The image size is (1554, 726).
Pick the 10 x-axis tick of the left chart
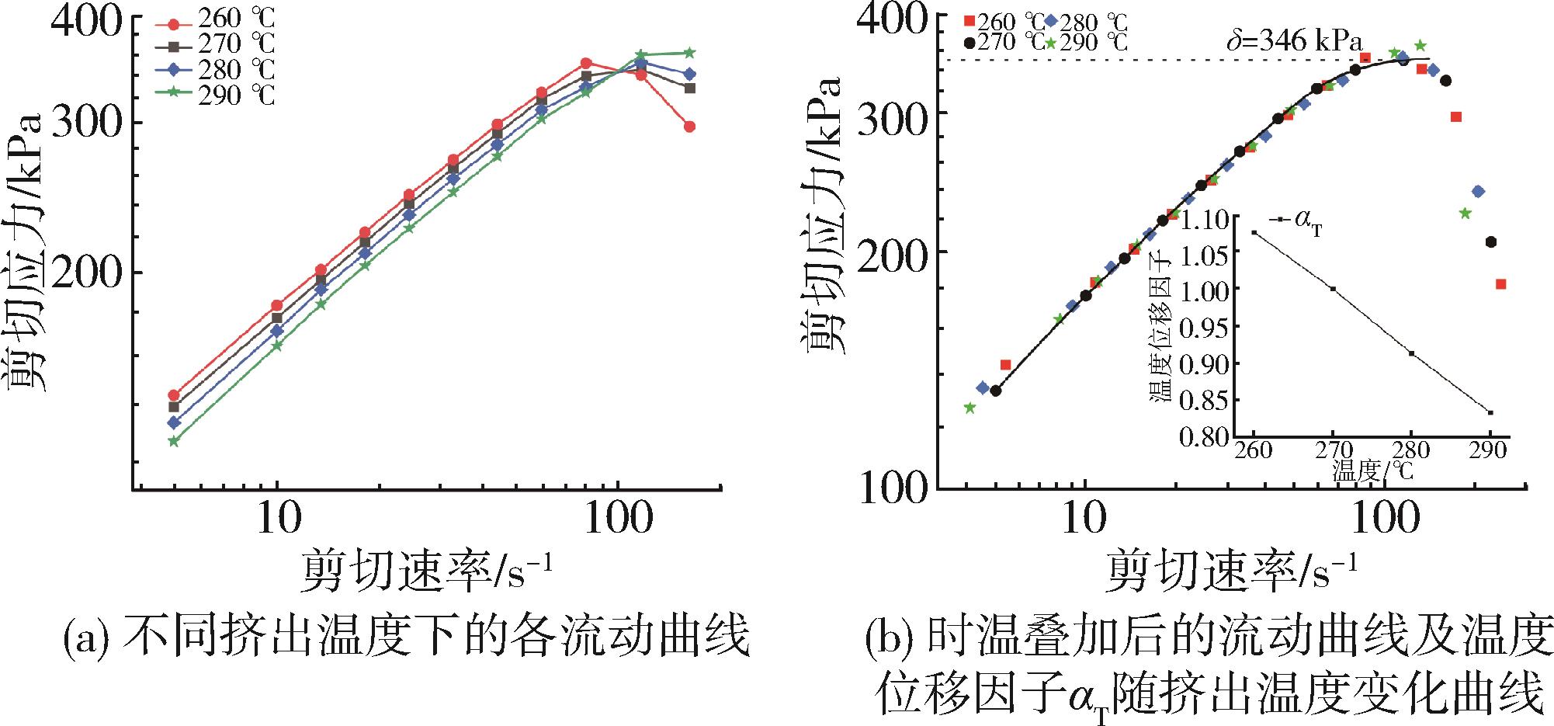[x=277, y=519]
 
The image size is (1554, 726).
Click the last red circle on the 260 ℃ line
[x=689, y=127]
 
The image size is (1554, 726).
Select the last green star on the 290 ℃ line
[x=689, y=53]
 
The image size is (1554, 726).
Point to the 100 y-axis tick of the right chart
[x=893, y=488]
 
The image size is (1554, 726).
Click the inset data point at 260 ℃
[x=1254, y=232]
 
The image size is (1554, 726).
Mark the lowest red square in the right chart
[x=1500, y=284]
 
